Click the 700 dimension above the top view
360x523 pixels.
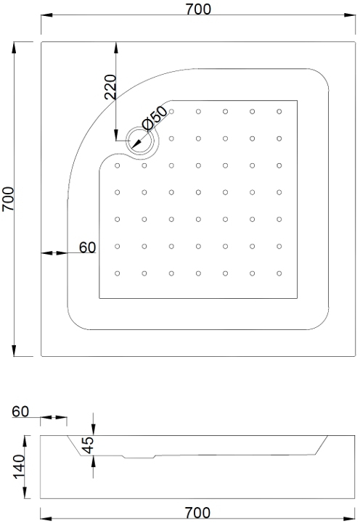click(x=198, y=9)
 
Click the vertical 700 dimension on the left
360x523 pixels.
click(x=8, y=199)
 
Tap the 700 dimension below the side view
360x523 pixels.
click(x=197, y=513)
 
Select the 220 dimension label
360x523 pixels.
click(x=110, y=87)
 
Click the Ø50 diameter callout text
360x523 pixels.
click(x=154, y=118)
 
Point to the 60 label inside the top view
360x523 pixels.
click(x=87, y=247)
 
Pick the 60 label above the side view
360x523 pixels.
click(x=20, y=411)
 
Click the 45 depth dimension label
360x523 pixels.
click(x=88, y=445)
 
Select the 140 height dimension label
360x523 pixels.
click(x=20, y=466)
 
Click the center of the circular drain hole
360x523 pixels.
click(x=140, y=140)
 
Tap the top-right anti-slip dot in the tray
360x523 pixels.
click(x=279, y=112)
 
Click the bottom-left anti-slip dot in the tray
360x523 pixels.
click(x=117, y=273)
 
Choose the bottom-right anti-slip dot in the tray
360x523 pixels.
click(x=279, y=273)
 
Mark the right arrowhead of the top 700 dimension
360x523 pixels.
click(x=350, y=15)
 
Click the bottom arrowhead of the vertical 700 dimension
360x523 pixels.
click(x=14, y=351)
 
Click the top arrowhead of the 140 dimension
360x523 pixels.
click(x=25, y=441)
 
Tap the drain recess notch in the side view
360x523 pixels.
click(x=139, y=456)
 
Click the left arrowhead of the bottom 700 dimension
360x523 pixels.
click(x=46, y=519)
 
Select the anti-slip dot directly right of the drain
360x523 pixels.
click(x=171, y=139)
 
